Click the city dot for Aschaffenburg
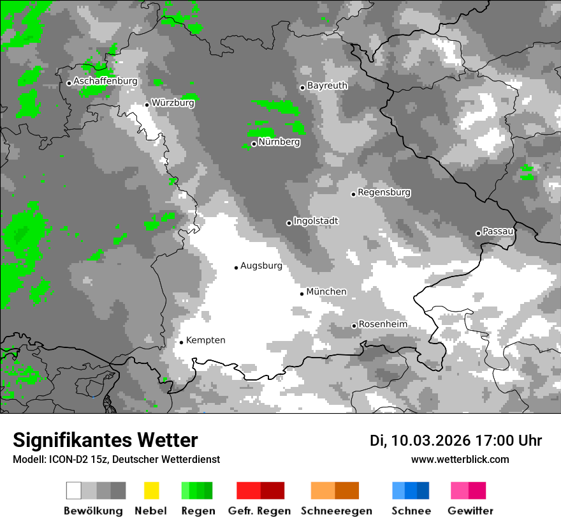(69, 83)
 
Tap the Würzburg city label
(173, 103)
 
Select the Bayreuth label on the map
(327, 86)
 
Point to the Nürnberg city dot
(254, 144)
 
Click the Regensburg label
(384, 192)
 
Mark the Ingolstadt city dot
(289, 223)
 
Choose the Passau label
(498, 231)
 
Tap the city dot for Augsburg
(236, 268)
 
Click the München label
(326, 292)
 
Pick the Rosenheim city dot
(354, 326)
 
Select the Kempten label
(205, 340)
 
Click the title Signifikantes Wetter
(105, 440)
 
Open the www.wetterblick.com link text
(460, 459)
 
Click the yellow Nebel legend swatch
(151, 490)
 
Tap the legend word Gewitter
(470, 511)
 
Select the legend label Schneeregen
(336, 511)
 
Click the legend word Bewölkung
(93, 511)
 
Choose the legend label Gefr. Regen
(259, 511)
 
